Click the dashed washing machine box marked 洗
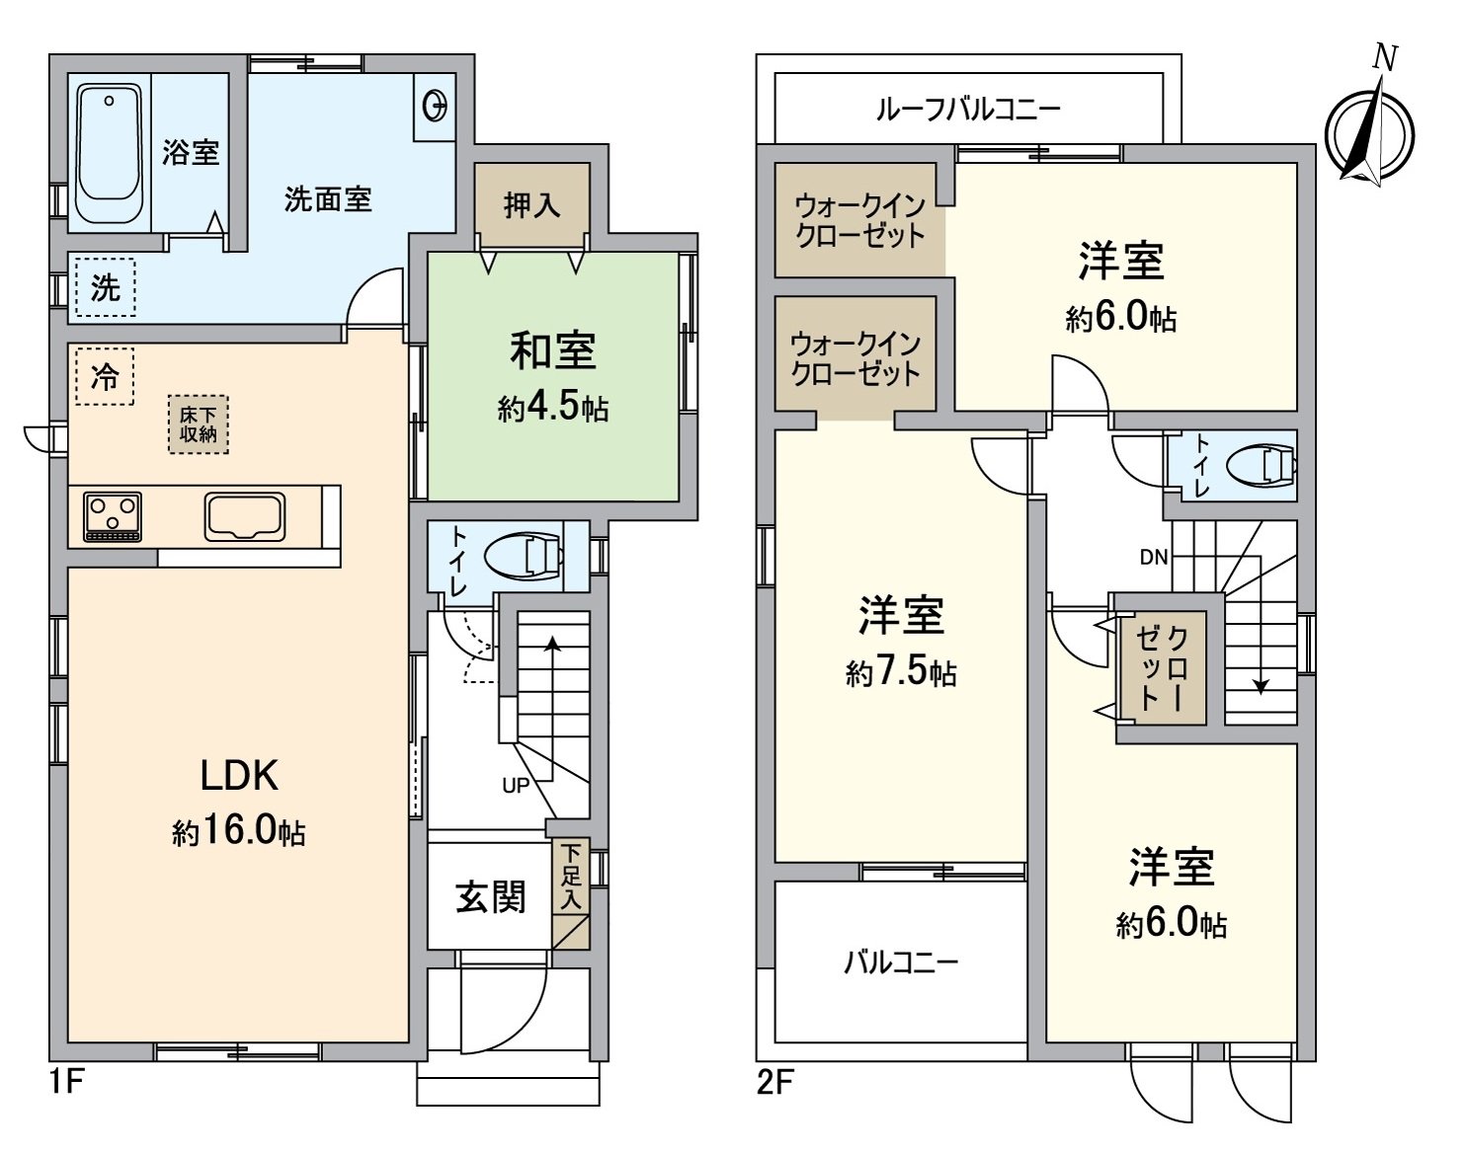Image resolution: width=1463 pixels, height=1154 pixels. tap(106, 288)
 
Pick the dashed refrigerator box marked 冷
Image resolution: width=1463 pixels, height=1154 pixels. tap(104, 377)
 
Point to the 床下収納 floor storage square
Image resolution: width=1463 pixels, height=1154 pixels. tap(198, 424)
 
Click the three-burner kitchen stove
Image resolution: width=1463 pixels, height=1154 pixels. tap(113, 516)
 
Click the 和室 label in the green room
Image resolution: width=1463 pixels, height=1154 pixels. tap(552, 351)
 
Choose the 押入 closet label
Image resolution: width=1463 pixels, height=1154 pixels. tap(531, 205)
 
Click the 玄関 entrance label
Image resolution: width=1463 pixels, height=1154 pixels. tap(490, 896)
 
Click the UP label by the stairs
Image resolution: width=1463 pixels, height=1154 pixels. tap(516, 786)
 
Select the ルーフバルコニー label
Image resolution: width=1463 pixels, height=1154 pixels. tap(967, 109)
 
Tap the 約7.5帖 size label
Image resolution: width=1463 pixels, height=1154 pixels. tap(900, 673)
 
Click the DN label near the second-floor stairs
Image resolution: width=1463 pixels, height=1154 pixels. tap(1153, 557)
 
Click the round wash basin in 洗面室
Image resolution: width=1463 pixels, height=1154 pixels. tap(434, 103)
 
